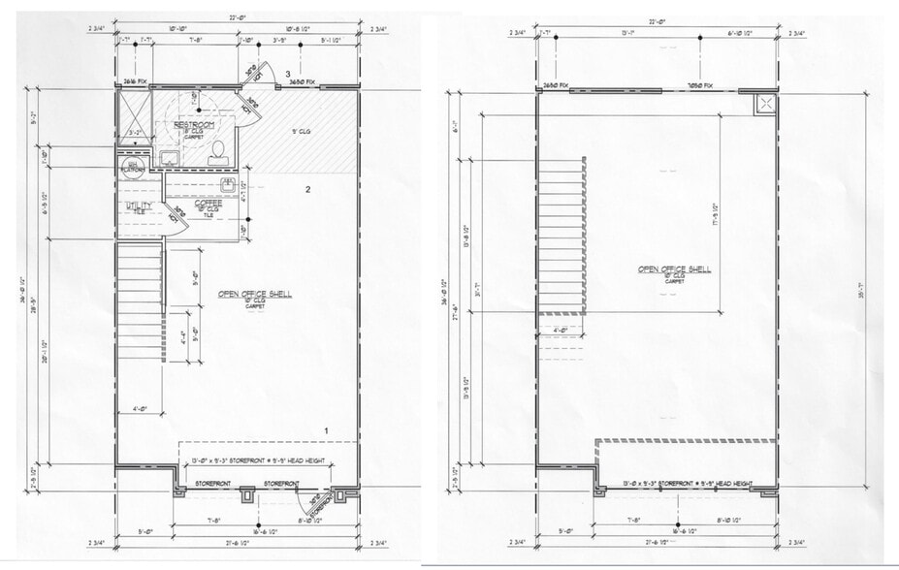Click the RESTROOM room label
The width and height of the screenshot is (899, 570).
pyautogui.click(x=193, y=126)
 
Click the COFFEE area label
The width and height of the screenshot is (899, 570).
pyautogui.click(x=209, y=204)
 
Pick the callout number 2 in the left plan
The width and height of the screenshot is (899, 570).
pyautogui.click(x=307, y=190)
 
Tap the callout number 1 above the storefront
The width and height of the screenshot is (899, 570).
pyautogui.click(x=327, y=429)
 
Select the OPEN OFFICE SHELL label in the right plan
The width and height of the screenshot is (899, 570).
pyautogui.click(x=674, y=269)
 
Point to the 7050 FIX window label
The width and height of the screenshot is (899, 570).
pyautogui.click(x=700, y=84)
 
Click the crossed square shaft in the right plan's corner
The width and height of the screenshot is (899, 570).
pyautogui.click(x=765, y=104)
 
